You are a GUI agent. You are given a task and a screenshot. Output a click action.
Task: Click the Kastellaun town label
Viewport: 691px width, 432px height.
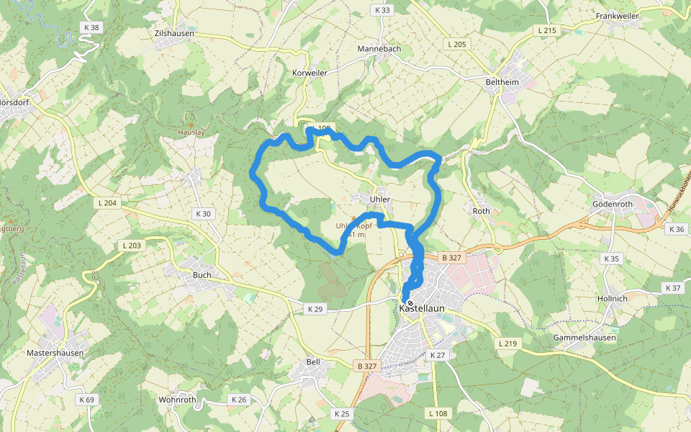pos(423,308)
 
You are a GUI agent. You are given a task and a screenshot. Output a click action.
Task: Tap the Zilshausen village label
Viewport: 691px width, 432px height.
pos(175,33)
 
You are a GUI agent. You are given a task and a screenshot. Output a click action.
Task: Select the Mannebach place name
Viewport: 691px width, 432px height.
pos(379,49)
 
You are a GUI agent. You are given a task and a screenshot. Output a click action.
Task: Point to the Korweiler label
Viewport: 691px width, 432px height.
pos(310,73)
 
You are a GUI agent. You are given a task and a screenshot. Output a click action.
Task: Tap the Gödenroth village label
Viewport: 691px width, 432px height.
pos(613,204)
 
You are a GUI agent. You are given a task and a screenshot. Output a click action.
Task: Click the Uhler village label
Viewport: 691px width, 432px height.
pos(379,199)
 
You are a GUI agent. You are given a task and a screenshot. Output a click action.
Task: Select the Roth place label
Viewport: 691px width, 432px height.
pos(481,211)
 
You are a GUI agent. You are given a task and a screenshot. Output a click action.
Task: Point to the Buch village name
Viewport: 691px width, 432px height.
pos(202,275)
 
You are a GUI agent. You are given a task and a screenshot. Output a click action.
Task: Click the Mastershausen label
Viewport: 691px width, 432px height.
pos(55,354)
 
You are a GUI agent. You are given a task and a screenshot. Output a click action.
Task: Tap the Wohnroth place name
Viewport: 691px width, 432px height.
pos(177,400)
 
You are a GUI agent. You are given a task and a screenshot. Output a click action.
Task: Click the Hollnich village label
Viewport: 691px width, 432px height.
pos(613,298)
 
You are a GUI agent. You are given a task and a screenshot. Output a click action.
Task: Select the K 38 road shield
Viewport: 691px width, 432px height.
pos(91,27)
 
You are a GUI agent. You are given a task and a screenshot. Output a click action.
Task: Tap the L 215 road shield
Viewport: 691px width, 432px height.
pos(547,30)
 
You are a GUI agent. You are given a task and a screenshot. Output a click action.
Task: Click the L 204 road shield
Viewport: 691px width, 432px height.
pos(107,203)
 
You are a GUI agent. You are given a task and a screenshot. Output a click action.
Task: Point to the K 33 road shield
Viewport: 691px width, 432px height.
pos(382,10)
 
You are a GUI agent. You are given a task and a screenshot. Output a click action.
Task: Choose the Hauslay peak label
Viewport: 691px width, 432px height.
pos(191,132)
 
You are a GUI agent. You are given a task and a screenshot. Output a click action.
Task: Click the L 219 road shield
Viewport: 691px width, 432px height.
pos(507,343)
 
